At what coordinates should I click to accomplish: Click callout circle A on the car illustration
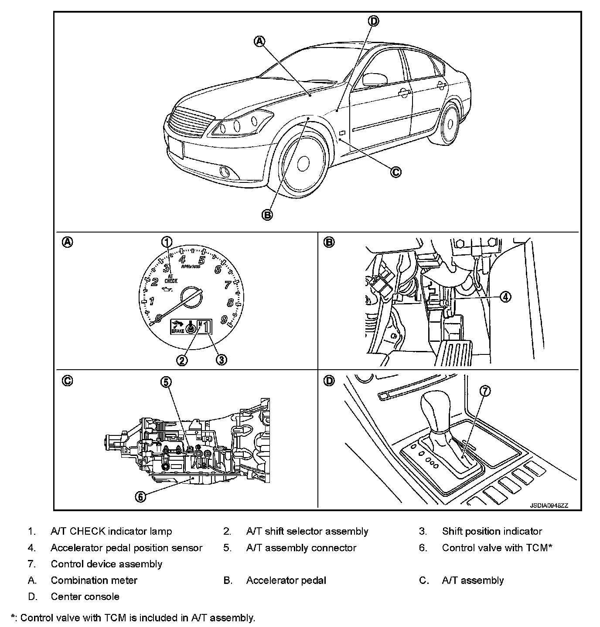click(259, 41)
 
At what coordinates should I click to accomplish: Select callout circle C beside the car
click(395, 172)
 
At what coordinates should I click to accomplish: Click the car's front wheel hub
click(303, 164)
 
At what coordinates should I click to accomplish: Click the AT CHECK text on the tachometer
click(171, 278)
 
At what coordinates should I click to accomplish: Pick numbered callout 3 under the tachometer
click(221, 360)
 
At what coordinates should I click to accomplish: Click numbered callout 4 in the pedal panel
click(505, 297)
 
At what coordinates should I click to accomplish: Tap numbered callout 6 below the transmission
click(140, 496)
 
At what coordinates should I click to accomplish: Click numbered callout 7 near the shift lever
click(485, 391)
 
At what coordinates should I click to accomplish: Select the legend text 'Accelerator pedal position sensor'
click(126, 548)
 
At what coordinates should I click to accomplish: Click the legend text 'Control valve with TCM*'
click(497, 548)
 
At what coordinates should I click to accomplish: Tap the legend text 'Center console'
click(85, 597)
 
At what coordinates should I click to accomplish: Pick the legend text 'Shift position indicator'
click(492, 531)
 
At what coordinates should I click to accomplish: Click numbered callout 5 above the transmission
click(166, 382)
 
